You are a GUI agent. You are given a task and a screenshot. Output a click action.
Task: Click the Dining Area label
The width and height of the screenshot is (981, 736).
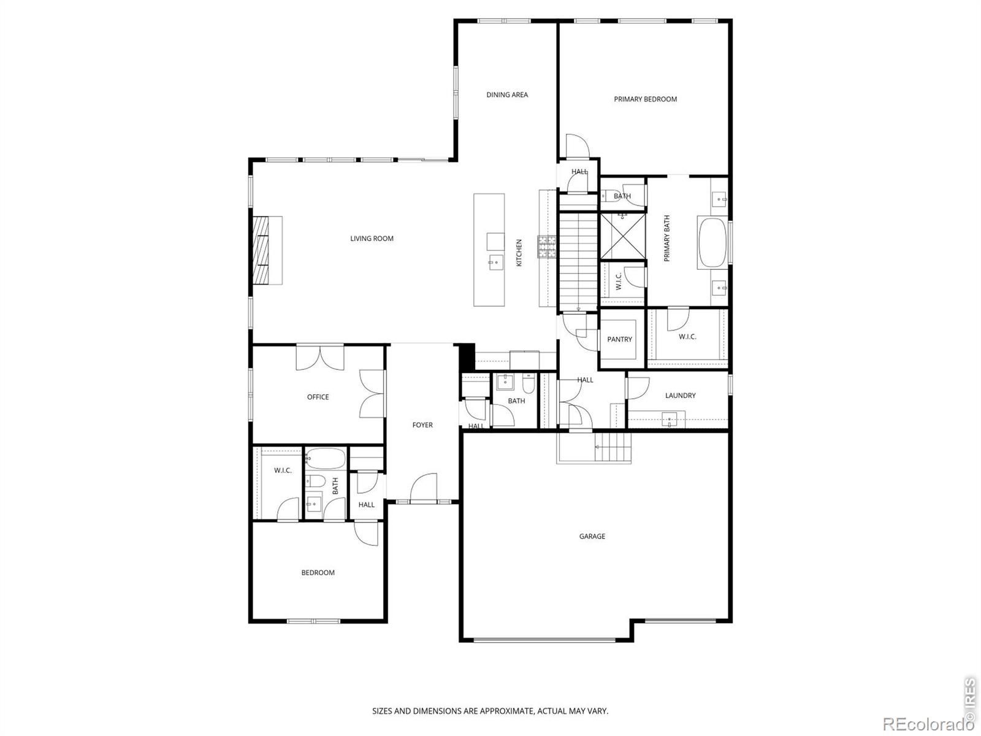(x=507, y=94)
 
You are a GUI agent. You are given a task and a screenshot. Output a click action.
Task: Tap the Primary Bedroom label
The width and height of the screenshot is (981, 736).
(x=645, y=99)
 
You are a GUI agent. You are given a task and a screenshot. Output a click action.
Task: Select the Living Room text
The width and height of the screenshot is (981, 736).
(x=372, y=239)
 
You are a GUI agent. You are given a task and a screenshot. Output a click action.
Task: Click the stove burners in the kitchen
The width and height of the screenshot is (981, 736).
(x=547, y=247)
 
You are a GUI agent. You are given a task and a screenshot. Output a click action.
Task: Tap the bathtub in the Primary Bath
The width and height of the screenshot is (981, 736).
(x=712, y=243)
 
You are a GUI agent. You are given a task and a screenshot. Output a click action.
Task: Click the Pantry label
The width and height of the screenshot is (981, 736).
(x=619, y=340)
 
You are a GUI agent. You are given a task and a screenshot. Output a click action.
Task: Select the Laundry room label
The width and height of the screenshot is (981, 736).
(x=680, y=396)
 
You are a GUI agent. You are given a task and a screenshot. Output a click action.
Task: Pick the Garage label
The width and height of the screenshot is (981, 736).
(x=592, y=536)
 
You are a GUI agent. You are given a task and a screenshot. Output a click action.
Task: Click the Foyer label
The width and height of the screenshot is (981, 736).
(x=422, y=425)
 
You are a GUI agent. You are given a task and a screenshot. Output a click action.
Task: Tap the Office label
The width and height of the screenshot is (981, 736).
(x=318, y=397)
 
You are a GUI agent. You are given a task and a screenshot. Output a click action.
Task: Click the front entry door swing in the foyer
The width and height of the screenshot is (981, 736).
(x=424, y=488)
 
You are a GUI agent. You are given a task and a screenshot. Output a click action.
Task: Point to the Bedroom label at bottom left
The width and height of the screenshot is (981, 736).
(x=318, y=572)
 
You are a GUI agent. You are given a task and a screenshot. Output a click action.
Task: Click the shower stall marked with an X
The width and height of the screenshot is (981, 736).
(x=622, y=236)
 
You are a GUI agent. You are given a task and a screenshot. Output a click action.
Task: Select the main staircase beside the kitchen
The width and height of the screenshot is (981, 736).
(x=578, y=261)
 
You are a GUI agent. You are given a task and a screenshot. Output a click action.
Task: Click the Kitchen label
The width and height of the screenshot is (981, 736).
(x=519, y=253)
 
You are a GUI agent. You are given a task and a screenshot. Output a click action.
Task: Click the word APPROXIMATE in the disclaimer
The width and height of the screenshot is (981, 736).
(x=507, y=711)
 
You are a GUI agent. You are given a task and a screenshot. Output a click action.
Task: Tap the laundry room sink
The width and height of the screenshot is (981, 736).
(x=669, y=420)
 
